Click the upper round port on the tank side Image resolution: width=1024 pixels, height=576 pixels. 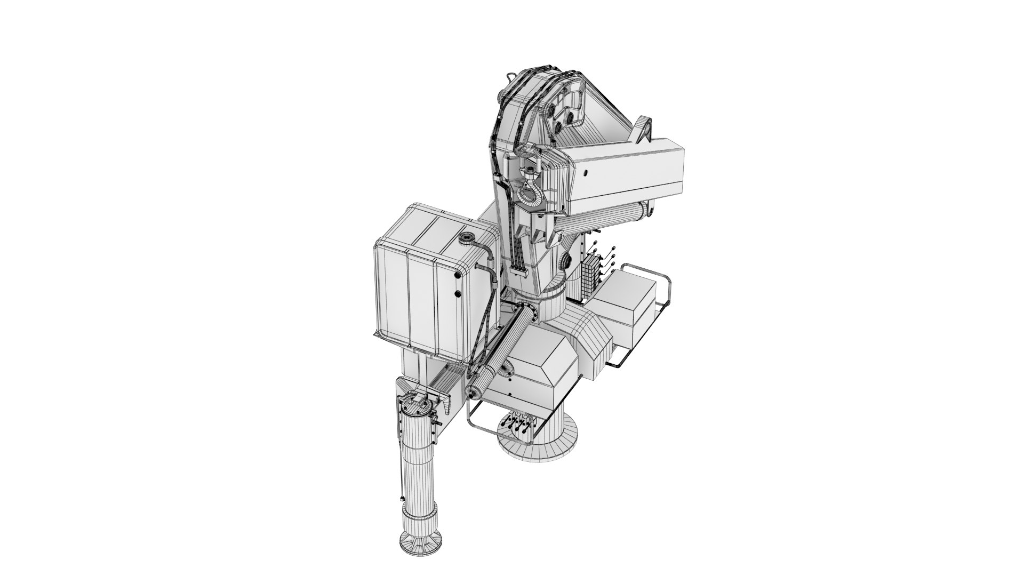(x=457, y=275)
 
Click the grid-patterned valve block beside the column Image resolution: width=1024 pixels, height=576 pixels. (x=589, y=277)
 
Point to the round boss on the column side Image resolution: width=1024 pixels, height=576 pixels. (x=566, y=261)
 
